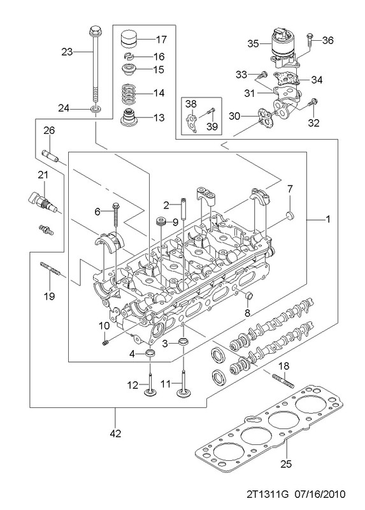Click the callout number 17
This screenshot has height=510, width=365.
(161, 40)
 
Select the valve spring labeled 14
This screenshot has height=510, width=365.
(129, 93)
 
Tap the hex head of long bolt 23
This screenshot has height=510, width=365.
(94, 31)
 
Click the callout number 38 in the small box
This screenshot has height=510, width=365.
(191, 104)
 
